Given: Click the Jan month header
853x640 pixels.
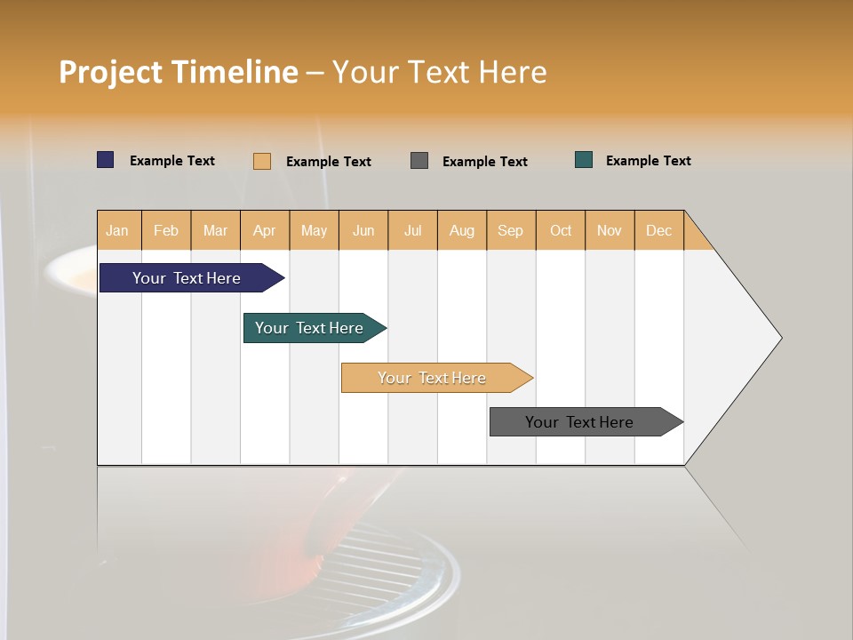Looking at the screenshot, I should point(117,230).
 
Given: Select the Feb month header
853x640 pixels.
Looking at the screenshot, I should point(166,230).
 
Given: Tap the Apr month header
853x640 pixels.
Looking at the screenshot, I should point(264,230).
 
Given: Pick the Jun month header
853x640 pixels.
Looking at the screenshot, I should point(363,230).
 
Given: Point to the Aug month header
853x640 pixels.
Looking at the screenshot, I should point(461,230).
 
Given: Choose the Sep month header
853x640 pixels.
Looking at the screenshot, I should point(510,230).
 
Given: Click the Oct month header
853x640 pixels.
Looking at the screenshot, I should point(561,230).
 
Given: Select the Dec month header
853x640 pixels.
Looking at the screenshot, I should point(658,230).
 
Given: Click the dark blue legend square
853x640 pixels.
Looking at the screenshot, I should point(106,160).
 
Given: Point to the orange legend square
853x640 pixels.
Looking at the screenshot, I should point(262,161).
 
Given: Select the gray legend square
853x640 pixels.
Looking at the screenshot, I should point(419,161).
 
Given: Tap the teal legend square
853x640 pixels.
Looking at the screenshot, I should point(584,160).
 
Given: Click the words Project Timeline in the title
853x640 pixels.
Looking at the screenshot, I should point(179,72).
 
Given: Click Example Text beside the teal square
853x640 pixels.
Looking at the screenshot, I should point(648,161).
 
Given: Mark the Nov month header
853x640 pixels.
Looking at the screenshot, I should point(609,230).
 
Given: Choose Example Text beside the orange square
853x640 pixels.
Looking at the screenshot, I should point(328,162).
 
